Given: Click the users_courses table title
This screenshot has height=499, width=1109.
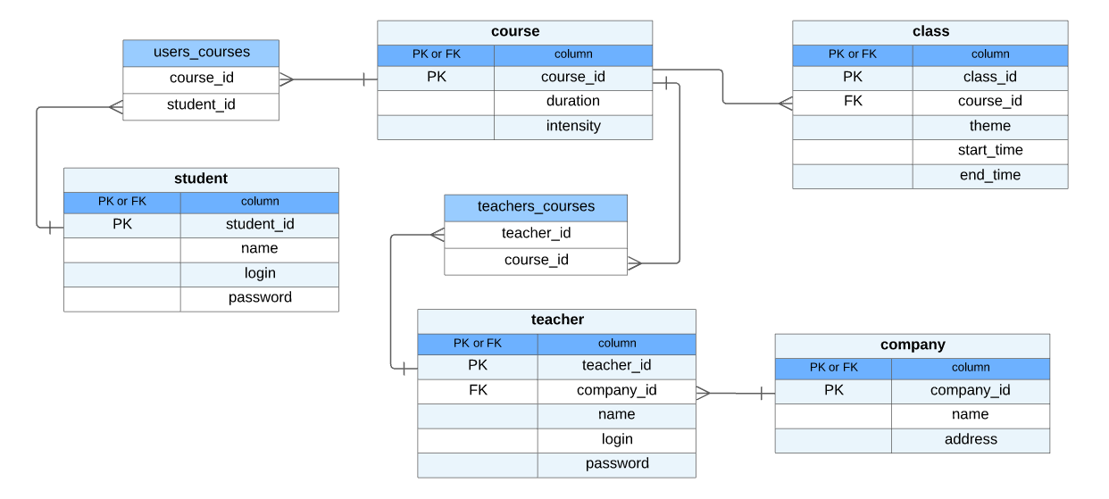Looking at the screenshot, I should coord(201,53).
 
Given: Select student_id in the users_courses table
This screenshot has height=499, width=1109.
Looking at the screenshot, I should coord(201,105).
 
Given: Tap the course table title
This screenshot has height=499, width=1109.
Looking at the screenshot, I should coord(514,32).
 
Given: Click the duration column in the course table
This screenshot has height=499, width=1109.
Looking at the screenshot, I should coord(572,102).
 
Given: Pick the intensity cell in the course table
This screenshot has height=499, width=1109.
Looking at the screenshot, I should coord(572,127).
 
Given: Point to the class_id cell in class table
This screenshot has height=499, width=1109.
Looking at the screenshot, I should coord(989,78).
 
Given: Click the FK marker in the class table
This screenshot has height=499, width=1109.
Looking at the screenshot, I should coord(852,102).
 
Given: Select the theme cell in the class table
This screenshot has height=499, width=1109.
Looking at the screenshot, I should coord(989,127).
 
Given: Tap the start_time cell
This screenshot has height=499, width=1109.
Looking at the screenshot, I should coord(989,151).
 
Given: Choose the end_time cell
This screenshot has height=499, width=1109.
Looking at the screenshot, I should coord(989,176).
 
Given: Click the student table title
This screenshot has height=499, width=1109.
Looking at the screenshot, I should coord(201,179).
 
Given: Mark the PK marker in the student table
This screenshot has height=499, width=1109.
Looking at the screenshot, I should coord(122,225).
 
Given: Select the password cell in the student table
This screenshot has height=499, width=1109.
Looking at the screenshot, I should coord(259,298).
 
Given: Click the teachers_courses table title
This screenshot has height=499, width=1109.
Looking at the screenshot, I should coord(536,207).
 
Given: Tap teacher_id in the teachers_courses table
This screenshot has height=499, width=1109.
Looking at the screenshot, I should coord(536,234).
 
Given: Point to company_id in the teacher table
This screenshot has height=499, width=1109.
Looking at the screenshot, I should coord(616,391).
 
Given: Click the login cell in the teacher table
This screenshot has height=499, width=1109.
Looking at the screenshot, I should coord(616,439).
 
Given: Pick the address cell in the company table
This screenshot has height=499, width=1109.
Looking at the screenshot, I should coord(970,440).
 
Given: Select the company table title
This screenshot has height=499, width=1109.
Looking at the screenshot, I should coord(912,345).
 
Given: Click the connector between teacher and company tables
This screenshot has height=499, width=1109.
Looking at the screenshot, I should coord(735,393).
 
